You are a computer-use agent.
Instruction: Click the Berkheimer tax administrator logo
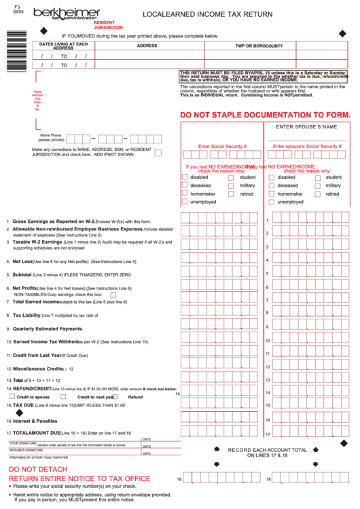coord(65,14)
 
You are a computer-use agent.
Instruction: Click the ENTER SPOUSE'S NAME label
coord(306,126)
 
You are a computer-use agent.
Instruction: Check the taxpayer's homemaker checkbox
coord(184,194)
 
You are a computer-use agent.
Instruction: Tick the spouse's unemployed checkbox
coord(272,202)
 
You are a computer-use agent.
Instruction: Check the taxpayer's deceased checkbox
coord(184,185)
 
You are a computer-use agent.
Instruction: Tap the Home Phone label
coord(50,135)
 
